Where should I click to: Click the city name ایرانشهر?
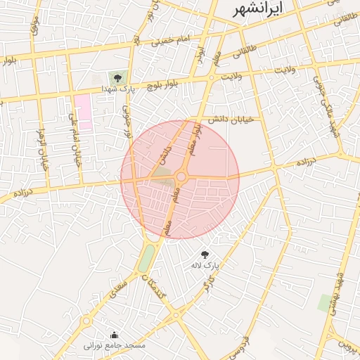click(258, 8)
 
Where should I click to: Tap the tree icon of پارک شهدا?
click(117, 79)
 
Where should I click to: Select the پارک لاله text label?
click(205, 266)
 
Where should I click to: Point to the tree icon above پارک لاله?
click(205, 255)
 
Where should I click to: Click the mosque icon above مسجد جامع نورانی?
click(115, 335)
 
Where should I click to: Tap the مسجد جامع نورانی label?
click(115, 345)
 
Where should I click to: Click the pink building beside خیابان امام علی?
click(83, 112)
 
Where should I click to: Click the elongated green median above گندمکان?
click(146, 257)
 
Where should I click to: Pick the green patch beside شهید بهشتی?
click(325, 304)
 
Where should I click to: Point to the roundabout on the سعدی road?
click(86, 321)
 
